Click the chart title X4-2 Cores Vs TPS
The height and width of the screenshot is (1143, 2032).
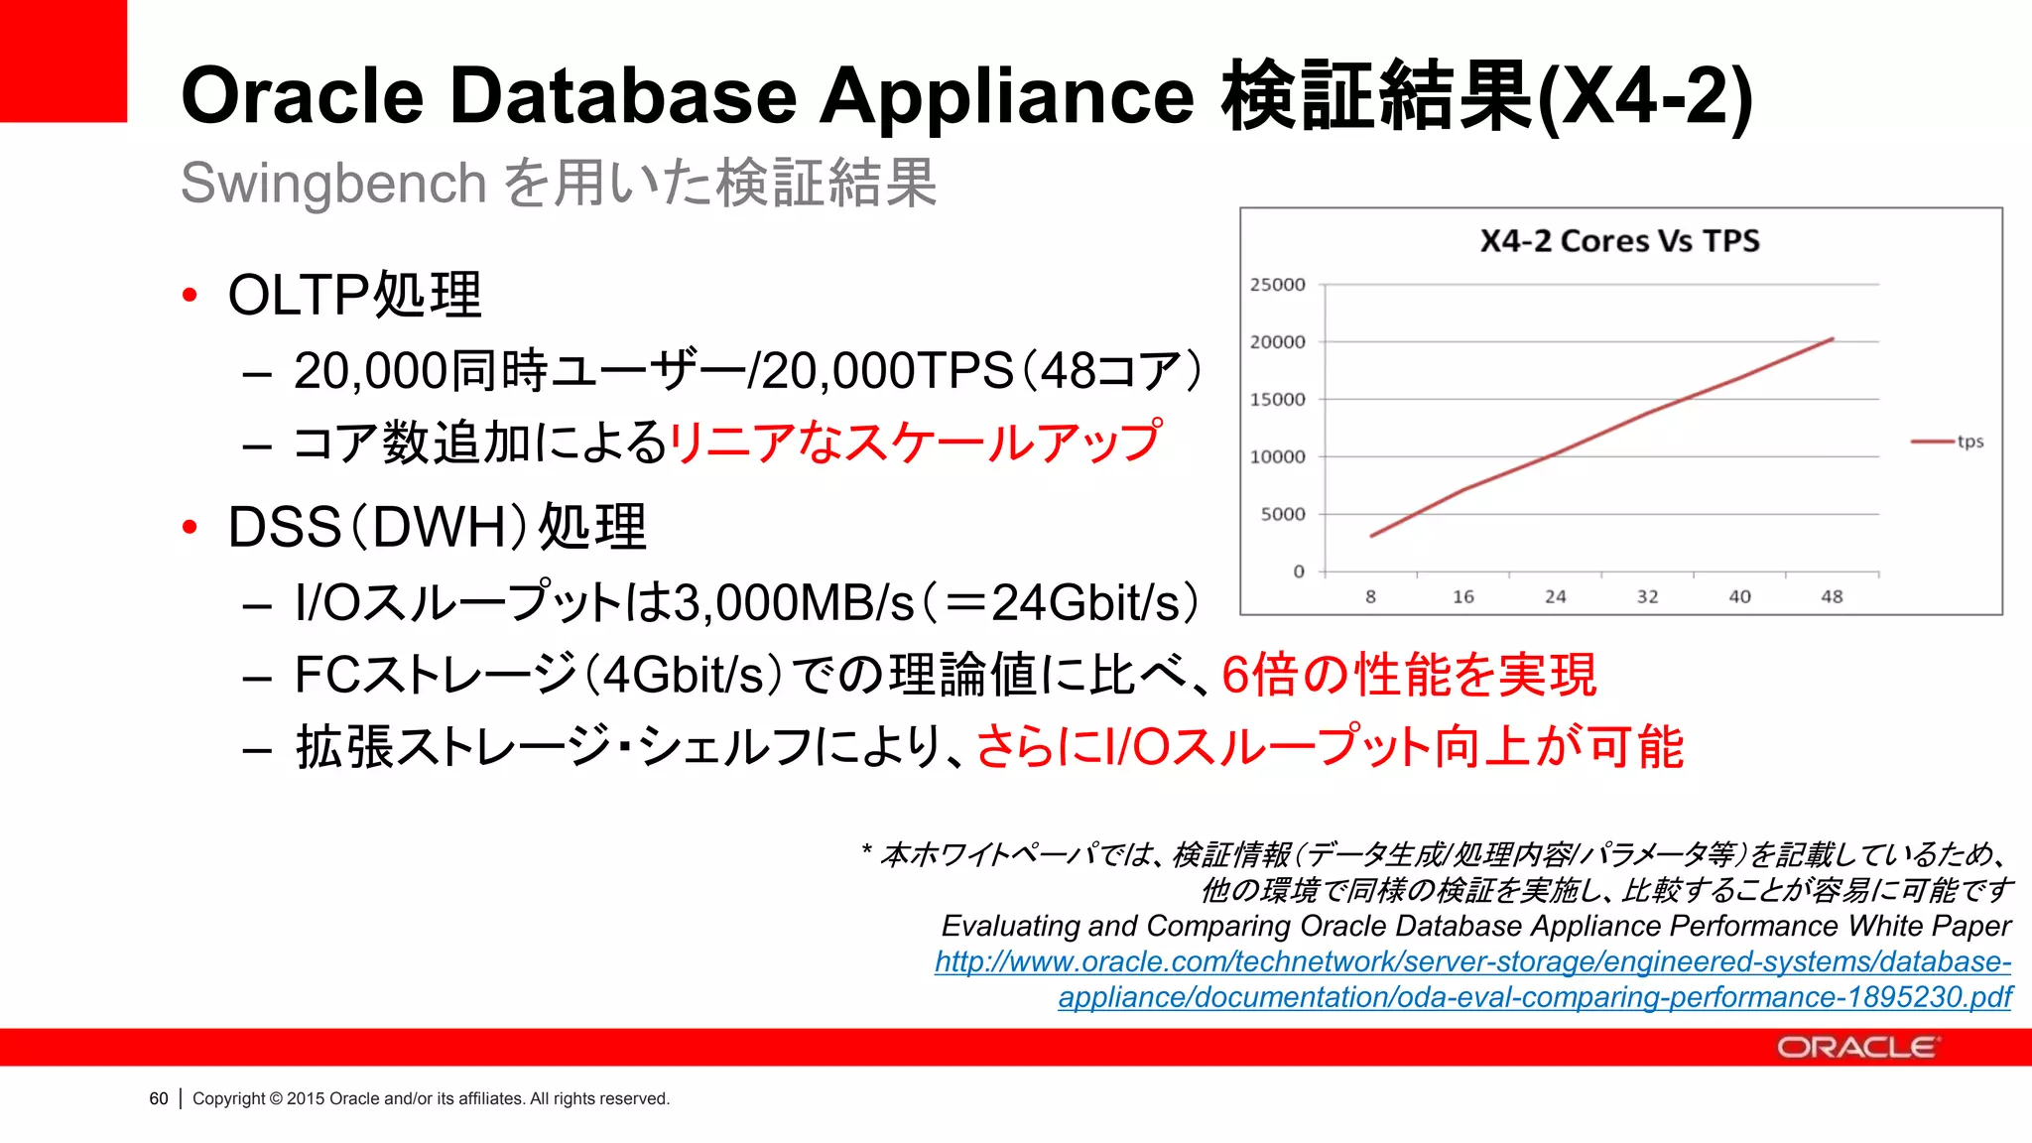[x=1619, y=241]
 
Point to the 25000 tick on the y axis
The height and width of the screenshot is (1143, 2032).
[x=1278, y=285]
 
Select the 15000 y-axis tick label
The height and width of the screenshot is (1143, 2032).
[x=1278, y=400]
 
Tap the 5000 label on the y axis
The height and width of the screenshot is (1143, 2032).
[x=1283, y=514]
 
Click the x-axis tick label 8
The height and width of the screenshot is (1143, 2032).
[x=1370, y=596]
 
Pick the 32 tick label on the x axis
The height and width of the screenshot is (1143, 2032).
[x=1647, y=596]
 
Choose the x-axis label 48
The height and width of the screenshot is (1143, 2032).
[x=1832, y=596]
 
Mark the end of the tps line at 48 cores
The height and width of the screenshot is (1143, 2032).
[x=1832, y=339]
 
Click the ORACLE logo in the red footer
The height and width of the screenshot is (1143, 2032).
[x=1855, y=1048]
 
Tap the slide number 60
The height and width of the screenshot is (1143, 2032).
[x=159, y=1098]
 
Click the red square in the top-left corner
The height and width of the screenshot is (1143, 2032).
[x=63, y=61]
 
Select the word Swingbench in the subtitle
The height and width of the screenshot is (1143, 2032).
[x=333, y=184]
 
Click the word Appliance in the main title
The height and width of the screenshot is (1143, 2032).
[x=1006, y=96]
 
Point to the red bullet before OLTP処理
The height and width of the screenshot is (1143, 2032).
[x=190, y=295]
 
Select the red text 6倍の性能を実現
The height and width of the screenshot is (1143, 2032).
[x=1409, y=675]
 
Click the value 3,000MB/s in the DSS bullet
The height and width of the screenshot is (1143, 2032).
[x=794, y=602]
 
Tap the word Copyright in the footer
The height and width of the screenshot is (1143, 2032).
[x=228, y=1098]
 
